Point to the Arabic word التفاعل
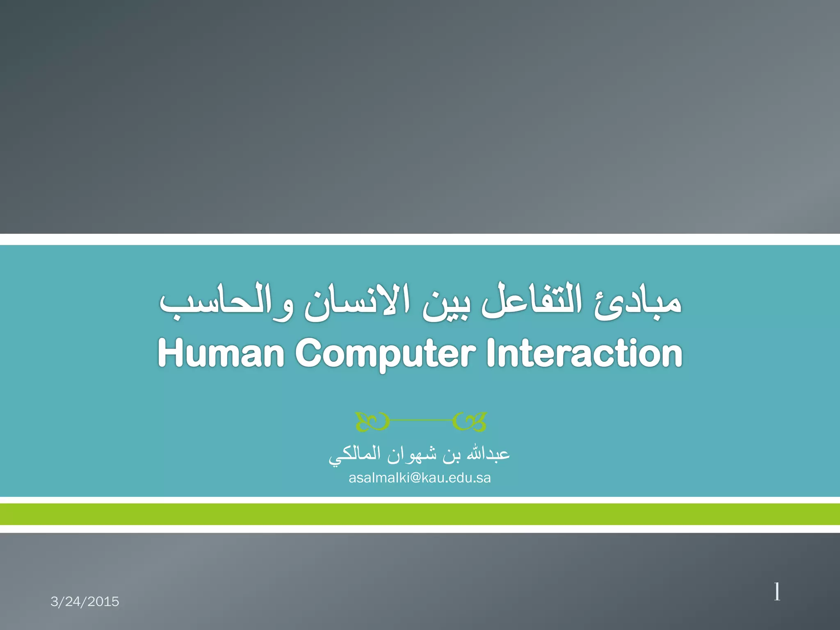click(x=531, y=301)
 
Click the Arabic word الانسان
click(x=357, y=301)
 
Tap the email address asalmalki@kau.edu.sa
click(x=420, y=478)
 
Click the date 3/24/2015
click(x=85, y=601)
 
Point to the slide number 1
click(x=777, y=592)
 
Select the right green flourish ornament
click(x=470, y=421)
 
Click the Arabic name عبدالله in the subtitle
click(x=488, y=454)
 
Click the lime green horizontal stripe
click(x=420, y=514)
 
